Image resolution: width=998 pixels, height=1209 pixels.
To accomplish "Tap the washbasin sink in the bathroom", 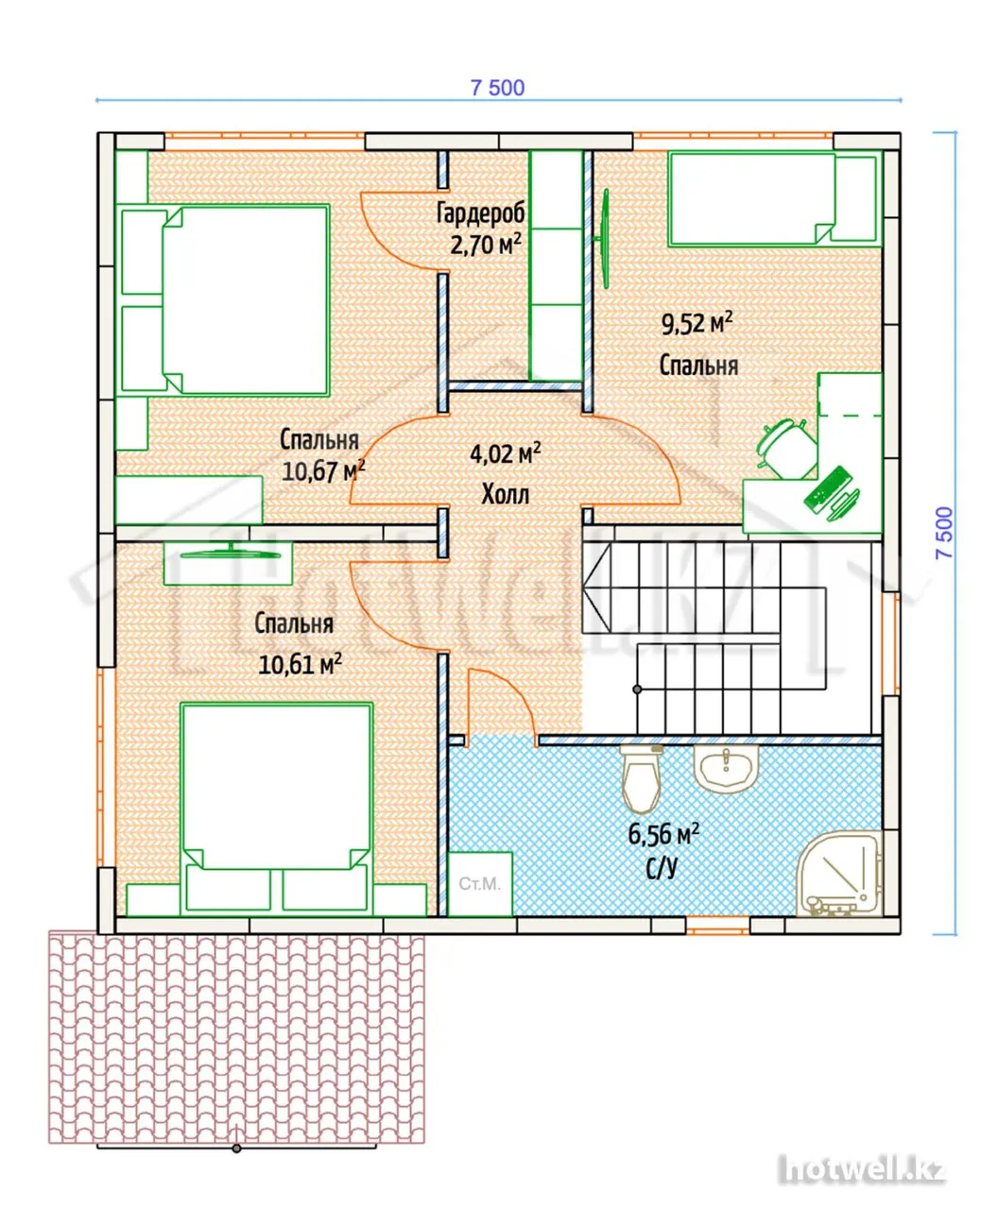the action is click(725, 768).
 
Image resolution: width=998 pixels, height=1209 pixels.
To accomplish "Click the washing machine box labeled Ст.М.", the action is click(480, 883).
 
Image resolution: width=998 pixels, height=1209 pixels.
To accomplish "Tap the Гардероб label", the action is click(480, 213).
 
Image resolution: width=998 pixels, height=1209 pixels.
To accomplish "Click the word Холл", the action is click(506, 495).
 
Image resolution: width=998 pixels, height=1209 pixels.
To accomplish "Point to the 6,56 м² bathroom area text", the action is click(663, 833).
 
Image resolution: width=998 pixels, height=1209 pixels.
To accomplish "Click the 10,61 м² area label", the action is click(300, 664).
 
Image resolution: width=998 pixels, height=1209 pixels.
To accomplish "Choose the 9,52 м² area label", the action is click(697, 322).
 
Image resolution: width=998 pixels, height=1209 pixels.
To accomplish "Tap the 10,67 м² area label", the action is click(323, 470).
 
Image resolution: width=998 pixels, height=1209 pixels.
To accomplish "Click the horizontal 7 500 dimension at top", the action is click(498, 88).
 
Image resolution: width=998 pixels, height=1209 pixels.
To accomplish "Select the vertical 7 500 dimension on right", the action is click(944, 533).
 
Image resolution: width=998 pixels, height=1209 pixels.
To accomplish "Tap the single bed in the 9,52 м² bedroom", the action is click(774, 198).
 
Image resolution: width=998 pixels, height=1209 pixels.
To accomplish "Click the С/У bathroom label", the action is click(662, 868).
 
